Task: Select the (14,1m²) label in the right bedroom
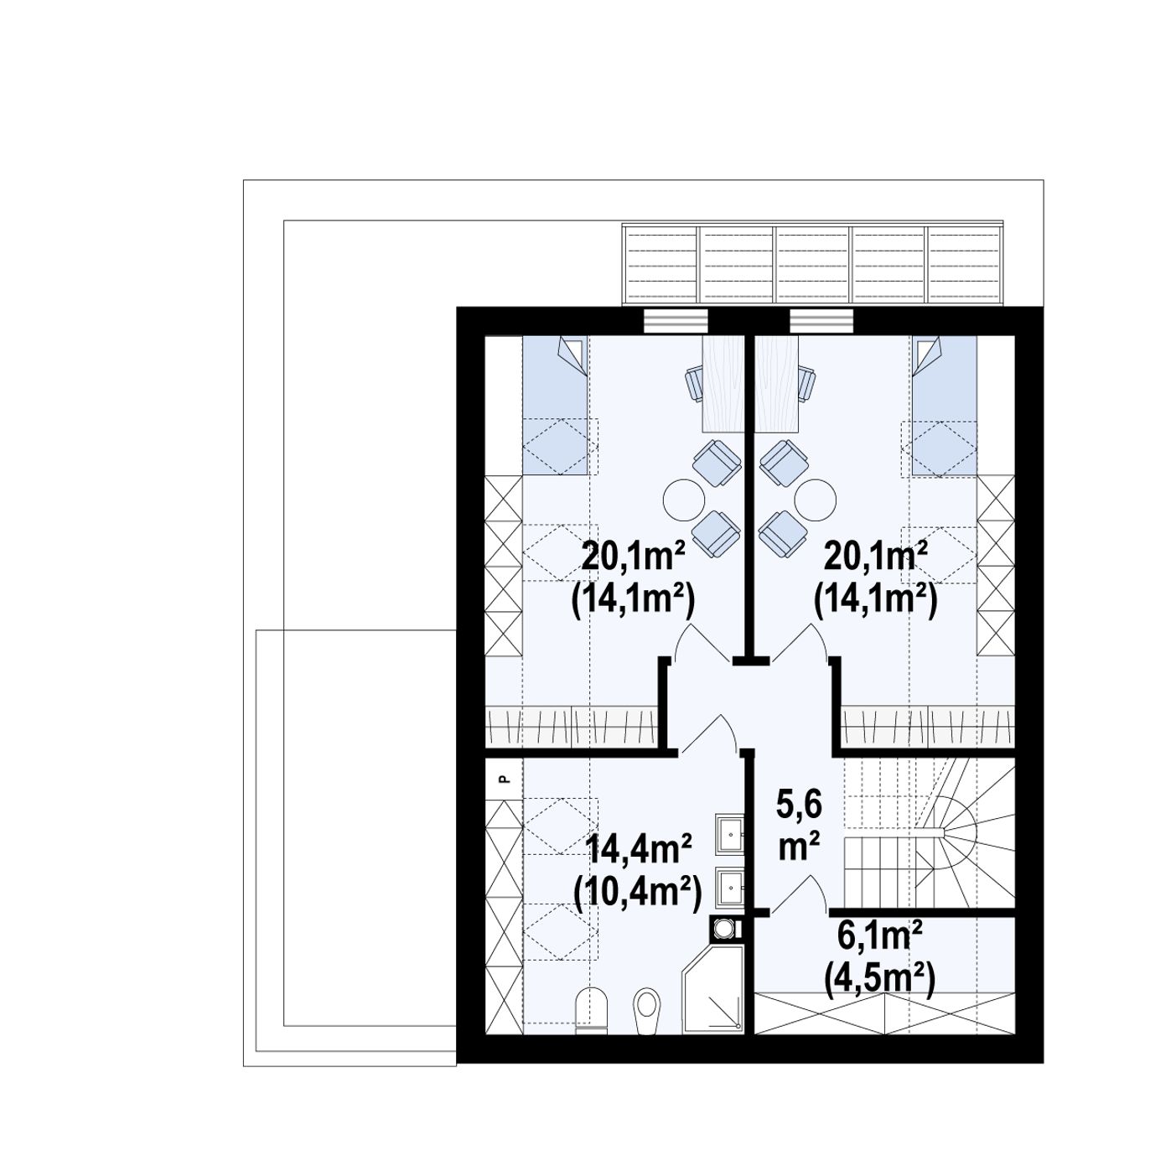[x=875, y=601]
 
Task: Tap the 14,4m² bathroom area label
[x=639, y=849]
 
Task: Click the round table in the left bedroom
[x=683, y=500]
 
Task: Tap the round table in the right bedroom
[x=815, y=500]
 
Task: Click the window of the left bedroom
[x=676, y=321]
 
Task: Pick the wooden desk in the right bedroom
[x=777, y=384]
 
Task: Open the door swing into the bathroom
[x=709, y=733]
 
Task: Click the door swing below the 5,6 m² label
[x=800, y=894]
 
